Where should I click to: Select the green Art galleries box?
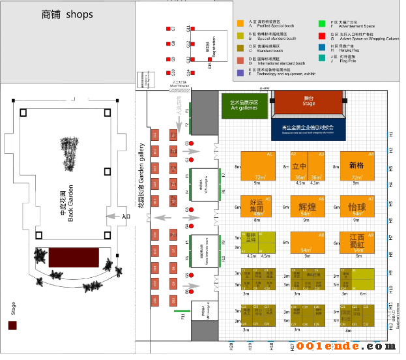coord(244,105)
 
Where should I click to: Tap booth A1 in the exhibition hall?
coord(255,166)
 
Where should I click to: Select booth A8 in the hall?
coord(307,243)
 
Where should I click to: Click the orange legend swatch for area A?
coord(240,23)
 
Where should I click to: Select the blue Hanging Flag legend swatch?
coord(323,47)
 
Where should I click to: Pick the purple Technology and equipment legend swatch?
coord(240,72)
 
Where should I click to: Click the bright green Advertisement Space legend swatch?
coord(323,23)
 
